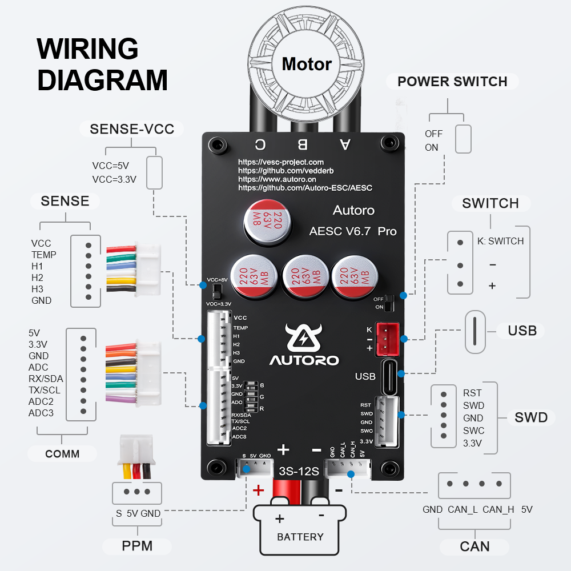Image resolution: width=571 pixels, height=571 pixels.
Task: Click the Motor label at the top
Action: [x=307, y=64]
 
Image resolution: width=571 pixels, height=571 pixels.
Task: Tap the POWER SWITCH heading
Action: [x=452, y=82]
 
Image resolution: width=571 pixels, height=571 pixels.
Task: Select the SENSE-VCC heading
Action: [x=132, y=129]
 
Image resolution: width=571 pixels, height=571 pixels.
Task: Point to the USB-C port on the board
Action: [x=389, y=376]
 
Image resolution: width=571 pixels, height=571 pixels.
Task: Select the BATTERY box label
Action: [x=300, y=537]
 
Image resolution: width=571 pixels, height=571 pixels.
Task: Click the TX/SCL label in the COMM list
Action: [x=45, y=390]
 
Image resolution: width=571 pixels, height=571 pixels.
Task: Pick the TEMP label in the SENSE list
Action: [x=44, y=255]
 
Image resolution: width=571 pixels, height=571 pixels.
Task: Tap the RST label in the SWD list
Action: [x=472, y=393]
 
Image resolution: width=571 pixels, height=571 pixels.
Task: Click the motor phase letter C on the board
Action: [x=260, y=144]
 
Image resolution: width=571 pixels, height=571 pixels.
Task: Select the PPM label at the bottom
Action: [x=137, y=546]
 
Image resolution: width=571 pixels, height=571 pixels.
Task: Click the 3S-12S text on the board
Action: [x=298, y=472]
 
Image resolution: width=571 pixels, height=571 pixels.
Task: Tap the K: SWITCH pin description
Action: [x=500, y=241]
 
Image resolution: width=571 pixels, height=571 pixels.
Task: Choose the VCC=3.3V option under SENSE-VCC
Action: [x=114, y=179]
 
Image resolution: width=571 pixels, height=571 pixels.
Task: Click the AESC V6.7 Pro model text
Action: [x=352, y=231]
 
